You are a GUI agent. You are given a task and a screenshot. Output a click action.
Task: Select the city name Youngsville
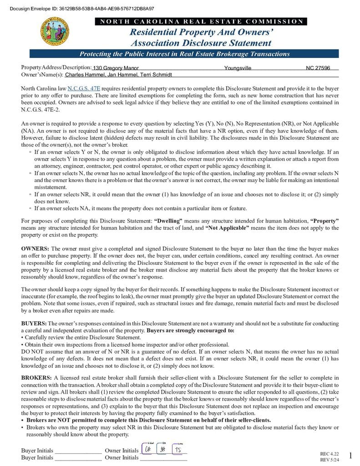click(238, 68)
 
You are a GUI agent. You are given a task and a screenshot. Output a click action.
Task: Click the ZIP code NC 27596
click(322, 68)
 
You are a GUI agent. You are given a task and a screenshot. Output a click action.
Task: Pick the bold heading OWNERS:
click(35, 249)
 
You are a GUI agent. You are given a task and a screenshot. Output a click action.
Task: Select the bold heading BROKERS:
click(36, 378)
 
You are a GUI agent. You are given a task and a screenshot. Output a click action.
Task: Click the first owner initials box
click(148, 449)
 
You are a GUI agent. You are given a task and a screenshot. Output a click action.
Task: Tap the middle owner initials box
click(162, 449)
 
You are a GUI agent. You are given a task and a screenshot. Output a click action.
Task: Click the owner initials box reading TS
click(178, 449)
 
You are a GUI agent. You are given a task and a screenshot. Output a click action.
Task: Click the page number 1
click(350, 456)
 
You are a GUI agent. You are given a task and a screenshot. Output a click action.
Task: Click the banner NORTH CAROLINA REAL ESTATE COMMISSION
click(201, 21)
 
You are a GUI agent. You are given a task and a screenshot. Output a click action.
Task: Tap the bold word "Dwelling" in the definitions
click(168, 221)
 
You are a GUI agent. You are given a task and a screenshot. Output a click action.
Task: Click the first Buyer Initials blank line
click(78, 451)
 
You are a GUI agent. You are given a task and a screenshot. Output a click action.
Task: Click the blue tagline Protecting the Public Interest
click(184, 54)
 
